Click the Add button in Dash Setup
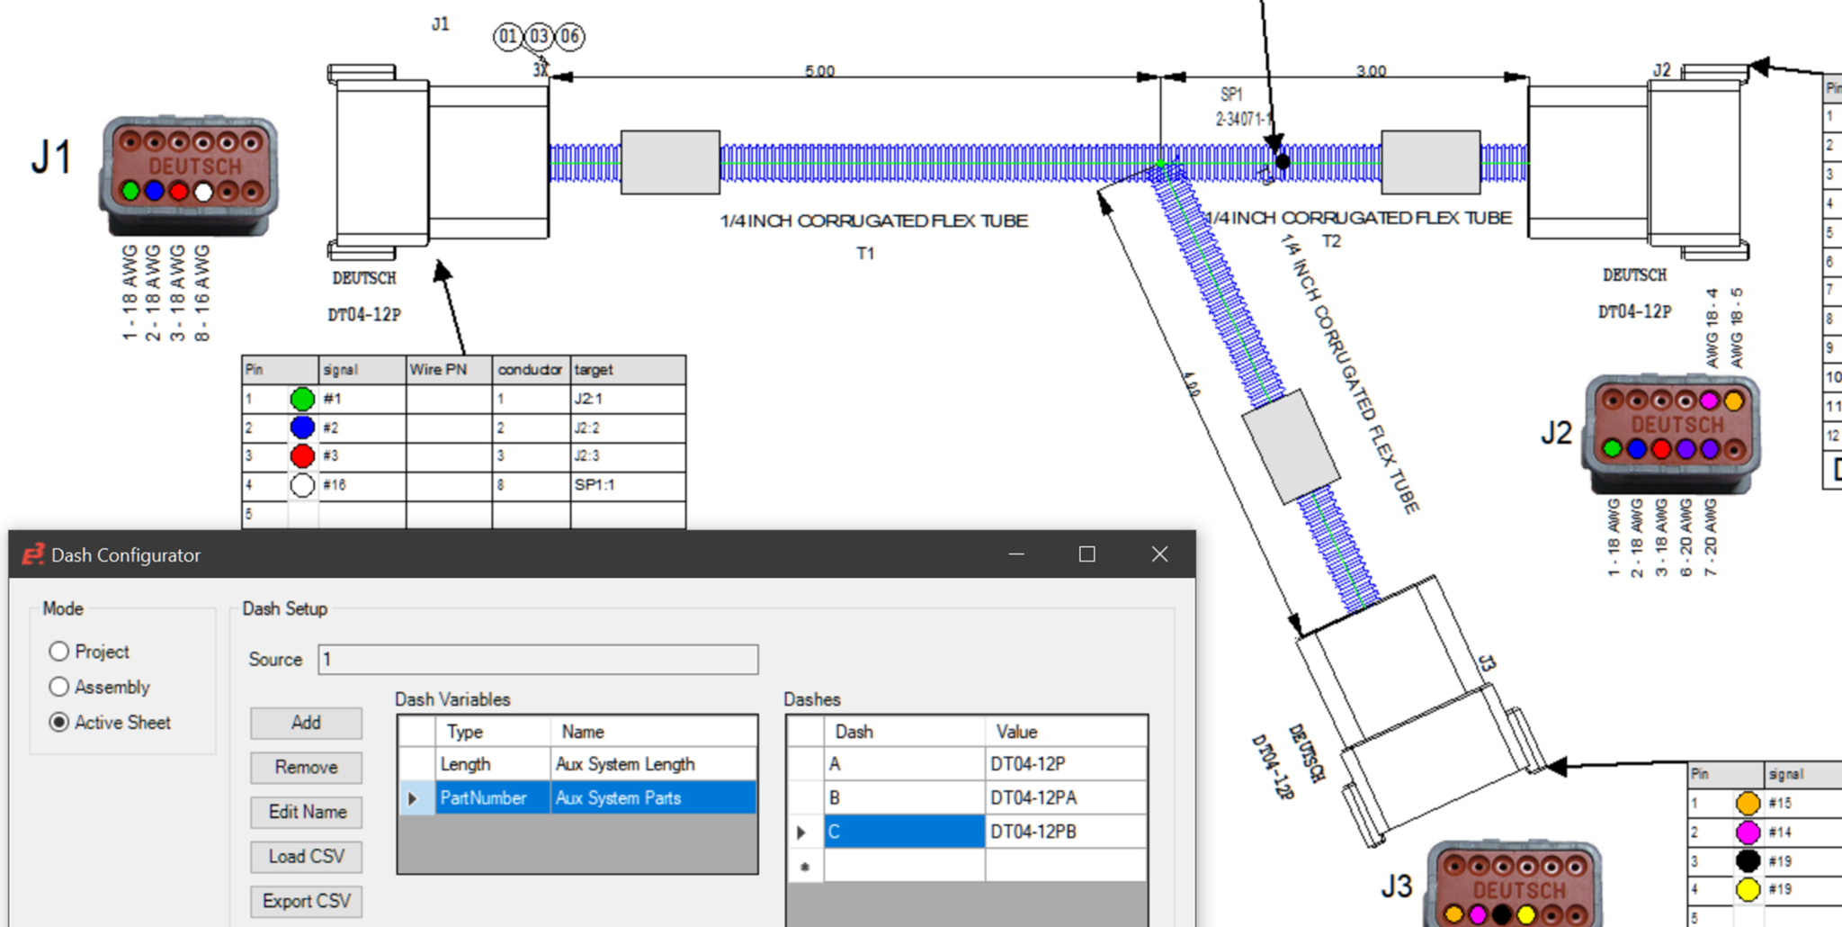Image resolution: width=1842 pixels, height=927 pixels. (x=306, y=723)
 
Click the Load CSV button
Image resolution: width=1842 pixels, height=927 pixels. (x=306, y=857)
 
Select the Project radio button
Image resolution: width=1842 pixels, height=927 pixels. (x=59, y=652)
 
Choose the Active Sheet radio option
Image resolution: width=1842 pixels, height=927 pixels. (x=59, y=723)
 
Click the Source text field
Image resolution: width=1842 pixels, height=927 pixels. (x=538, y=660)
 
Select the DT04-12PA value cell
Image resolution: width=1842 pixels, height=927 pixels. (x=1065, y=798)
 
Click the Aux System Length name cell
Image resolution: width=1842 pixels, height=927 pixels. (x=652, y=764)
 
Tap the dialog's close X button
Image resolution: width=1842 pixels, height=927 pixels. (x=1159, y=554)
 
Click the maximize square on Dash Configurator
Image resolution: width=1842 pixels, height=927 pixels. (x=1086, y=554)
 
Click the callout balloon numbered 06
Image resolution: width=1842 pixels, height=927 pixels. (x=569, y=36)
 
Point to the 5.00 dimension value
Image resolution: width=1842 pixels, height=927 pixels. (x=819, y=71)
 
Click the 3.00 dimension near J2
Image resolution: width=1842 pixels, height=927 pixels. (x=1371, y=71)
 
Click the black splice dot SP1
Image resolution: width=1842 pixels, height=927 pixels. (x=1283, y=162)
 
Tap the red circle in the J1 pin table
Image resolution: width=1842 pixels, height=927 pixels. (x=303, y=456)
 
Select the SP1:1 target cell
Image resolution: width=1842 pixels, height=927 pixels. (x=627, y=485)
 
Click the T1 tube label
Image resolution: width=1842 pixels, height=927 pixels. (x=865, y=254)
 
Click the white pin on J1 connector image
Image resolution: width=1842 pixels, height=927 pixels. (x=203, y=192)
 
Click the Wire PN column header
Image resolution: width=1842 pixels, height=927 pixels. (x=448, y=370)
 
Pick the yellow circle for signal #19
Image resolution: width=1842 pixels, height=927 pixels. (x=1748, y=889)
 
